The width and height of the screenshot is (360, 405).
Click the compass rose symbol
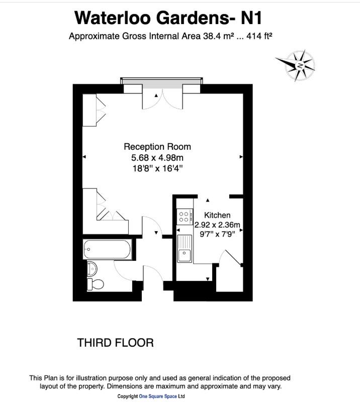coord(296,65)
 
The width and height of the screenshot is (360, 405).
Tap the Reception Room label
coord(157,147)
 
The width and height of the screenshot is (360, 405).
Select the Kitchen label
coord(217,215)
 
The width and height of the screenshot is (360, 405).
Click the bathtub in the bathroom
coord(108,248)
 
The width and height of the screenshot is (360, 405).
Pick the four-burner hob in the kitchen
coord(184,217)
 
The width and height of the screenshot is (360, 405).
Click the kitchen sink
coord(185,249)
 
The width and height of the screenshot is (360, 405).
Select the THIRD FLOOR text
coord(115,343)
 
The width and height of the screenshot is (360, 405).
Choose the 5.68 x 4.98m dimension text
coord(157,158)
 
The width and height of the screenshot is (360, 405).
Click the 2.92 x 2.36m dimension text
coord(218,224)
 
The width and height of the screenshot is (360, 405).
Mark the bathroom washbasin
coord(92,267)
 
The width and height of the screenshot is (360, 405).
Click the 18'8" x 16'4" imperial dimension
coord(157,169)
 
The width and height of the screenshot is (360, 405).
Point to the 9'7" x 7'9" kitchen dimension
coord(218,234)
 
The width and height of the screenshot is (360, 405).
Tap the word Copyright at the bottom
coord(128,396)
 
